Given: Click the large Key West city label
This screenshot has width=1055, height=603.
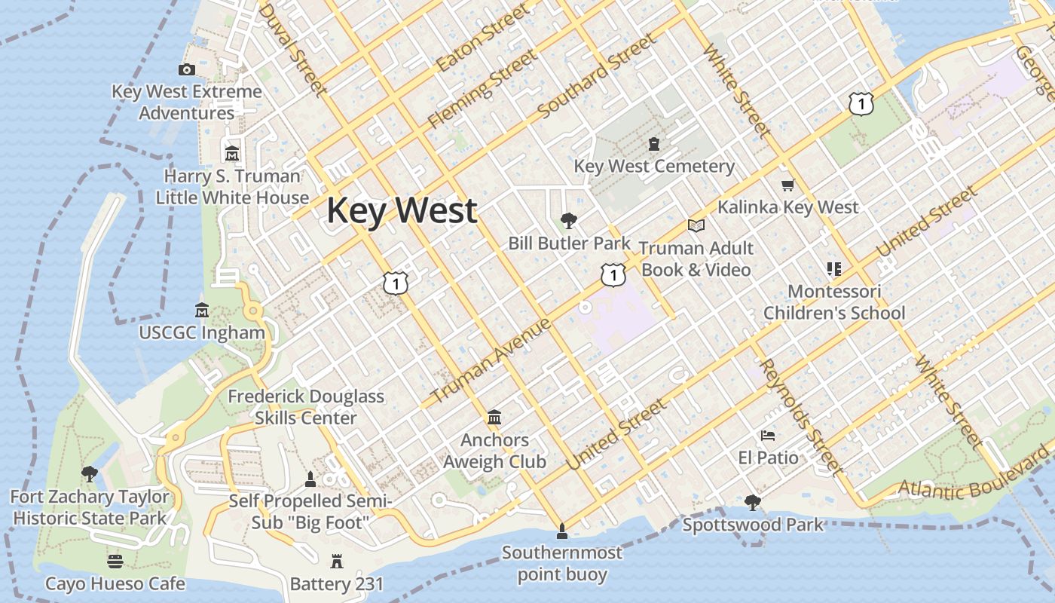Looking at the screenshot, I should coord(402,210).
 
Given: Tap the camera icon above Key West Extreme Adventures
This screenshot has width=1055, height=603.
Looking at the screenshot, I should coord(187,70).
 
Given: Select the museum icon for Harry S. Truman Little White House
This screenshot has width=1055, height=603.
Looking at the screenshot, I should coord(232,153).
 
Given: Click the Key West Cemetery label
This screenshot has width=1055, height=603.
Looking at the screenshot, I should coord(654,166).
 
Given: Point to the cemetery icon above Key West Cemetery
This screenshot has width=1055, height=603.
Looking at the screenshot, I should coord(654,143).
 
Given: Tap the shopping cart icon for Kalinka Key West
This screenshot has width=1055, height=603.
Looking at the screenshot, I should coord(787,185).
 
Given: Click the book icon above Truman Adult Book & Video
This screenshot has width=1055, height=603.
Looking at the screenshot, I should coord(696,225).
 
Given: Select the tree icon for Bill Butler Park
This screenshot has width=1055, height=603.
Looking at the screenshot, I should coord(569,221).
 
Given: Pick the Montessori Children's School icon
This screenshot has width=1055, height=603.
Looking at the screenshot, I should coord(833,268).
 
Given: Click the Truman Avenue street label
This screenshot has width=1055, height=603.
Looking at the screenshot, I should coord(491,361).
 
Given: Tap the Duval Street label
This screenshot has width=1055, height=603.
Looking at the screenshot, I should coord(292,50).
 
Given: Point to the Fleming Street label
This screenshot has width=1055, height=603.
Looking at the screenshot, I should coord(482,89).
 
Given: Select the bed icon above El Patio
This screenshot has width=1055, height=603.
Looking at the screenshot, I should coord(768,436).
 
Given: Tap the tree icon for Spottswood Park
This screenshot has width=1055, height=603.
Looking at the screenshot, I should coord(752,502).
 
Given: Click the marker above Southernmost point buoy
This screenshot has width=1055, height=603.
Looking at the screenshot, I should coord(561,531).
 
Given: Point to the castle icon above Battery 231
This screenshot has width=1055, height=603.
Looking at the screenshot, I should coord(336,562).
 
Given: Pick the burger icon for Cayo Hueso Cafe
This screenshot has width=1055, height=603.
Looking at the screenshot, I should coord(115,562).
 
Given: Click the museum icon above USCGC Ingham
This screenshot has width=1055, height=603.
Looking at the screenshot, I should coord(202,310).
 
